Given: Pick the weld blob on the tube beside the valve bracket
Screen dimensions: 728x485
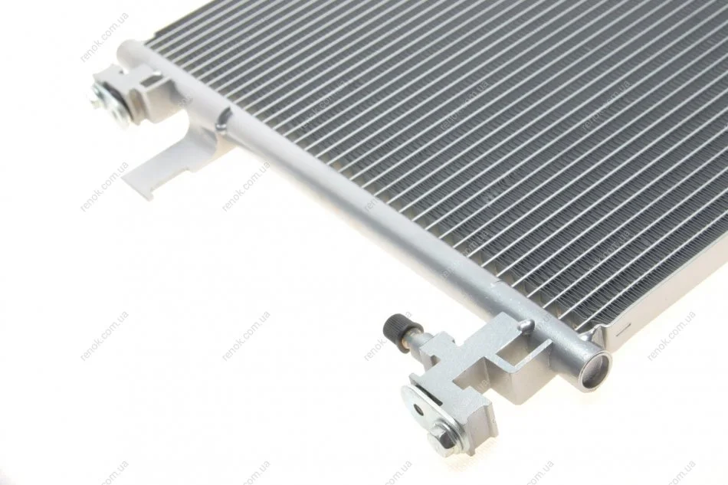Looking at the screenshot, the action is tap(526, 326).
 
